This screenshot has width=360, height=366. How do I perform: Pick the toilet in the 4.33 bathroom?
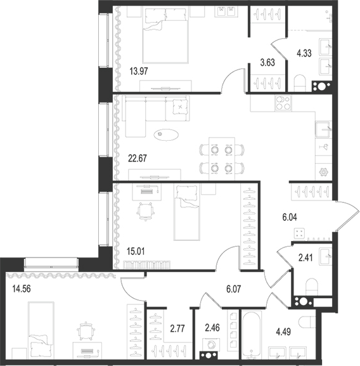click(x=301, y=82)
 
